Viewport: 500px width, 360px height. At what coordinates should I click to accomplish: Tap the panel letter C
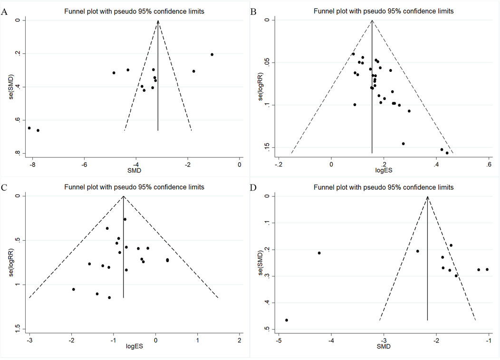[4, 187]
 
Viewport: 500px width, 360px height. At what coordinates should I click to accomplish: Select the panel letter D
[255, 187]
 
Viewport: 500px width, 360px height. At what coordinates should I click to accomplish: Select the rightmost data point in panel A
[212, 55]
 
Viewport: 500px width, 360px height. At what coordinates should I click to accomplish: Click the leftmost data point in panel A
[29, 128]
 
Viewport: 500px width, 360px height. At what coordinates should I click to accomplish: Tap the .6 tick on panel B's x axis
[489, 165]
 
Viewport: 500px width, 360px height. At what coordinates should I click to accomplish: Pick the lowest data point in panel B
[447, 153]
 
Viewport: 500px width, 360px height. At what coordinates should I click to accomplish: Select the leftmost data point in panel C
[74, 289]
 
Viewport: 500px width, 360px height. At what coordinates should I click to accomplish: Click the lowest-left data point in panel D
[287, 320]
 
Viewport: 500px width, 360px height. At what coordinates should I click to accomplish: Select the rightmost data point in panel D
[487, 270]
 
